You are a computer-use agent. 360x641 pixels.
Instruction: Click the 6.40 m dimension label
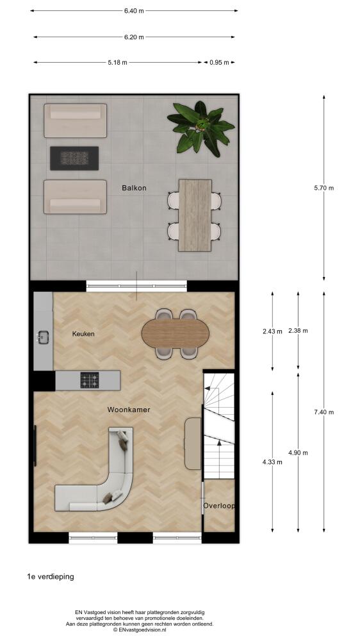[134, 11]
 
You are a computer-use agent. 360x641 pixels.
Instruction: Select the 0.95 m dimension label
[220, 63]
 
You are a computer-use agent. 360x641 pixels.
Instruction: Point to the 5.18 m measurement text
[117, 63]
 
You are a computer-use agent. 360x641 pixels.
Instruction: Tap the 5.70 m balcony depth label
[323, 188]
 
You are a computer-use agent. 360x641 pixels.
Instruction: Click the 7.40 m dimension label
[323, 412]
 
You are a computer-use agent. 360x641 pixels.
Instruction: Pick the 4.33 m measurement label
[272, 462]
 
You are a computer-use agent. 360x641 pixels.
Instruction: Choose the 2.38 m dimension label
[298, 331]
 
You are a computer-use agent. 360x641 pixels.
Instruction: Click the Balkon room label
[134, 188]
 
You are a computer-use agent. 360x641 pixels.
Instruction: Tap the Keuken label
[83, 334]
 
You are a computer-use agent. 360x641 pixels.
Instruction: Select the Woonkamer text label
[129, 410]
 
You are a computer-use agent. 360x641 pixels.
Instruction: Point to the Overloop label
[219, 506]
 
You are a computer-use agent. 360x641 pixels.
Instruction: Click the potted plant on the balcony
[200, 128]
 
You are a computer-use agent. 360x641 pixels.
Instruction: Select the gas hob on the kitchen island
[90, 380]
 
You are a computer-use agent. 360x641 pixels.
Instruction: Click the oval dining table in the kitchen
[176, 334]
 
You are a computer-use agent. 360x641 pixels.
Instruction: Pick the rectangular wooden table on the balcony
[195, 215]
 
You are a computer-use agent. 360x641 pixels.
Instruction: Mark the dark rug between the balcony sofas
[74, 158]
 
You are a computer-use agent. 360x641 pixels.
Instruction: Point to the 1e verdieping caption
[50, 577]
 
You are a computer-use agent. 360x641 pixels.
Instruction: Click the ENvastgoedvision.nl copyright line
[140, 630]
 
